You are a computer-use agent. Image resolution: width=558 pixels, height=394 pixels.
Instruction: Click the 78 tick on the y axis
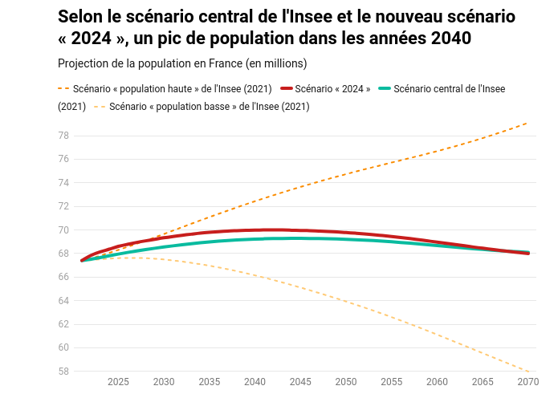click(x=63, y=136)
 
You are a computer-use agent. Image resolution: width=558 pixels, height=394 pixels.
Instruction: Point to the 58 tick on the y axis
click(x=63, y=372)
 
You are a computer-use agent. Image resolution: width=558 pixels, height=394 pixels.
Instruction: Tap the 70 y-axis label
click(x=63, y=230)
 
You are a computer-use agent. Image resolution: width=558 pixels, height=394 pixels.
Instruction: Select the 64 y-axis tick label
click(x=63, y=301)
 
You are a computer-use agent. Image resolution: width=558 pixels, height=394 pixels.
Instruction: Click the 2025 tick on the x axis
click(x=118, y=381)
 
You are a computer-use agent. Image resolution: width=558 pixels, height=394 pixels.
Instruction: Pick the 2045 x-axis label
click(x=300, y=381)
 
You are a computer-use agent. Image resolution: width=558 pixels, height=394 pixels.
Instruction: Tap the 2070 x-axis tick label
click(x=527, y=381)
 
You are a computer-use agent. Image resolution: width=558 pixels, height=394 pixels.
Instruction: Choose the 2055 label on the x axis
click(x=392, y=381)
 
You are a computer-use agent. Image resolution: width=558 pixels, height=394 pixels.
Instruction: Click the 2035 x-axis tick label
click(x=210, y=381)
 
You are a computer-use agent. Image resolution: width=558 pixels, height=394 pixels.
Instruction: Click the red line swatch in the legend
click(x=286, y=88)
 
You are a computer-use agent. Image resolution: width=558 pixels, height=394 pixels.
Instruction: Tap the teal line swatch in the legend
click(x=384, y=88)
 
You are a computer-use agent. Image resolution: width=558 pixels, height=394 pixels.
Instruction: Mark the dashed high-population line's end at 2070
click(x=527, y=123)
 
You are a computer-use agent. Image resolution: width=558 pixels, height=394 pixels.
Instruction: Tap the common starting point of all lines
click(x=82, y=260)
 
